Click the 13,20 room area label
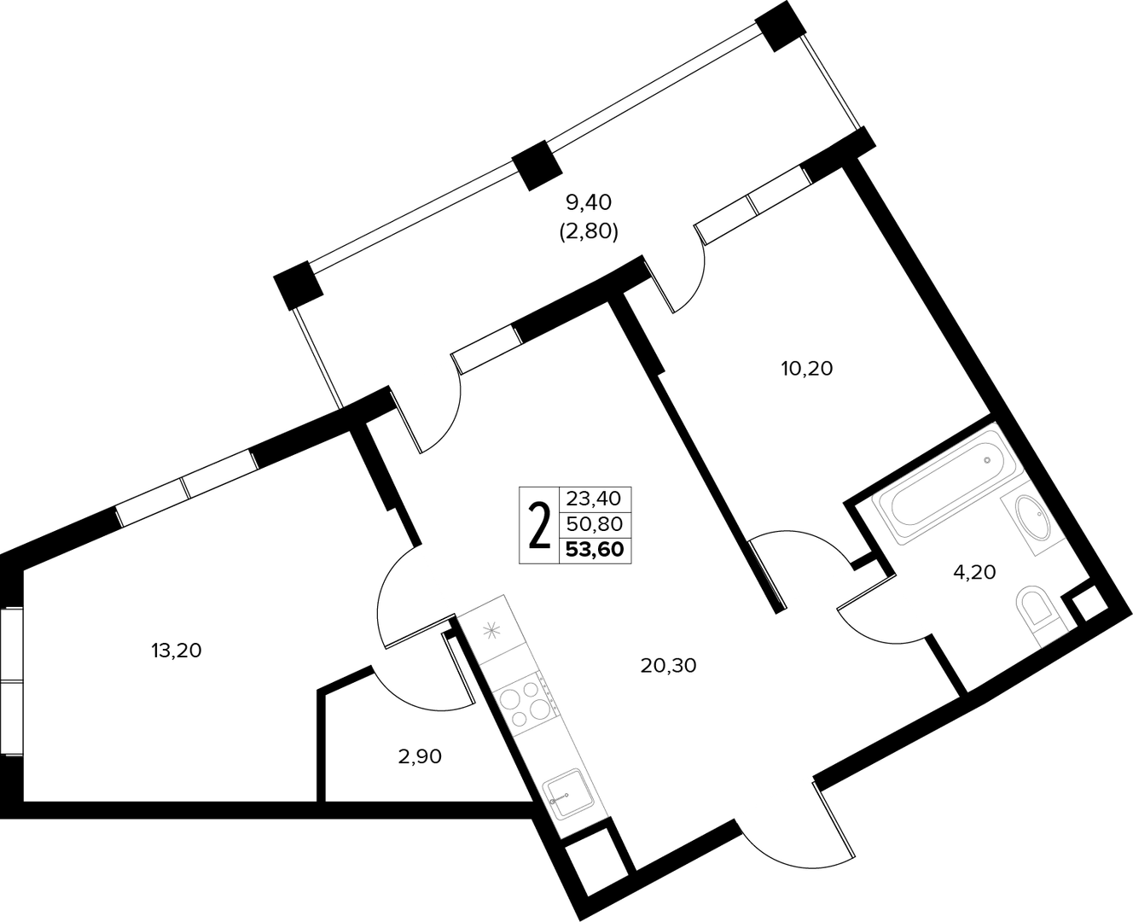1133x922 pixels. click(177, 651)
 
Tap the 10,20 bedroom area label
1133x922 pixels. click(806, 369)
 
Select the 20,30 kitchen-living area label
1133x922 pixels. click(668, 665)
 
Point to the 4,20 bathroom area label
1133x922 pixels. click(974, 572)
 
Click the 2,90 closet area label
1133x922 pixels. click(420, 756)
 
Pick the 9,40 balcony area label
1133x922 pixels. click(589, 202)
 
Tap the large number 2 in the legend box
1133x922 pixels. click(539, 526)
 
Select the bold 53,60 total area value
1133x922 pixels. click(595, 549)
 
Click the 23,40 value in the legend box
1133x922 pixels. click(594, 499)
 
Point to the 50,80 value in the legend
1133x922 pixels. click(594, 524)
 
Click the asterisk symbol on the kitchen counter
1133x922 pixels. click(491, 632)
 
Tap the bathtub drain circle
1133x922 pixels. click(987, 460)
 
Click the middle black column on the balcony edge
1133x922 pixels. click(537, 166)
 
